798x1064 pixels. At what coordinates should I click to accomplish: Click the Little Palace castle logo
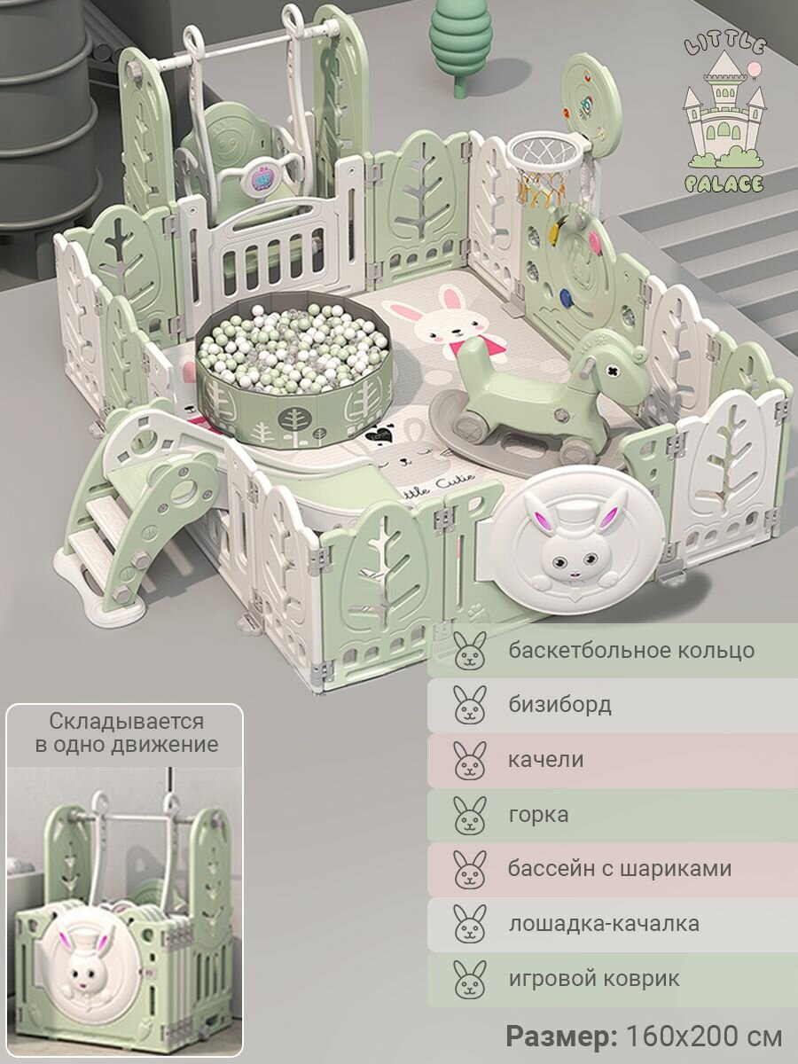724,115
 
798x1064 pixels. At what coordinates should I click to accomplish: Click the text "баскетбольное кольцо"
631,650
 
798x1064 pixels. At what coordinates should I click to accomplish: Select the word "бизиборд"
559,705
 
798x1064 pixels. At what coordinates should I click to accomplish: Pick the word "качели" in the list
546,760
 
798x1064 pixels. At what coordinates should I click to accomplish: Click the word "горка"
538,814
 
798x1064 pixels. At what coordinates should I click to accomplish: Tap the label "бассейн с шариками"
620,869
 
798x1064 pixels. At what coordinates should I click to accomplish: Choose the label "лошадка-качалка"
604,924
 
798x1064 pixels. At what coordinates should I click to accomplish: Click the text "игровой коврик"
594,979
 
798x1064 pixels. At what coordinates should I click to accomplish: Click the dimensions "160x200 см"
704,1036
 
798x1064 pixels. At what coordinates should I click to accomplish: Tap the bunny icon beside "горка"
470,815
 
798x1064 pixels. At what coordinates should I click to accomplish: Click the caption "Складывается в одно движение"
126,732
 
